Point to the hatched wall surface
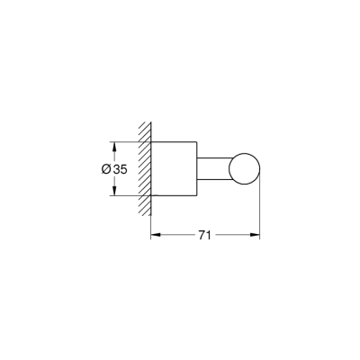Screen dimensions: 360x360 tap(143, 168)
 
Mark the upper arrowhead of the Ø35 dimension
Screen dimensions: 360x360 tap(114, 144)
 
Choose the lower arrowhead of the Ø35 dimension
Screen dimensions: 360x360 tap(114, 193)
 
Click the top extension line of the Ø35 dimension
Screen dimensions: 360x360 tap(126, 140)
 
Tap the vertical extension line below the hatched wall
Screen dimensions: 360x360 tap(149, 220)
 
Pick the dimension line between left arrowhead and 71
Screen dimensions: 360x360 tap(175, 235)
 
